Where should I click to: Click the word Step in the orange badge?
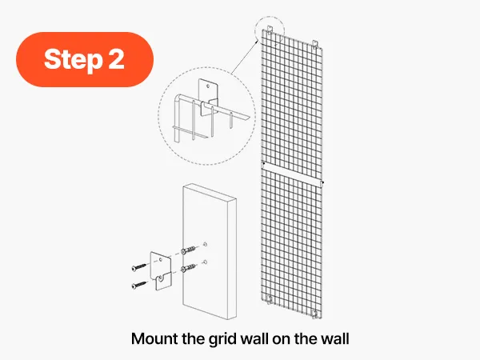[73, 60]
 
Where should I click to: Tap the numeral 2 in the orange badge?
[116, 58]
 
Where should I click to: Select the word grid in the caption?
[223, 339]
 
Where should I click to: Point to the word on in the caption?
[282, 340]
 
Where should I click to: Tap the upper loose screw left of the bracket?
[140, 266]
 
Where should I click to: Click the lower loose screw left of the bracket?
[140, 285]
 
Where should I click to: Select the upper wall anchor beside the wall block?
[188, 250]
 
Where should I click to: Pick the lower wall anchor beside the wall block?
[188, 267]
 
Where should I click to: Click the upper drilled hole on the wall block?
[206, 244]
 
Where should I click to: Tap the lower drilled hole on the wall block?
[205, 262]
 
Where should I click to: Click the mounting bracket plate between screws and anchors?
[161, 271]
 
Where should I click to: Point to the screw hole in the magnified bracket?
[208, 86]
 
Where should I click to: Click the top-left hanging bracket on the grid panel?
[270, 29]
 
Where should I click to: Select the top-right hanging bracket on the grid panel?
[315, 43]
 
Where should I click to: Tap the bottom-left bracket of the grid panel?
[270, 300]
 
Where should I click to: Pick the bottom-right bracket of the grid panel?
[314, 314]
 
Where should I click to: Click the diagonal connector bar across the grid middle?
[293, 174]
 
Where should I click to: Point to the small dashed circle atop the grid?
[270, 30]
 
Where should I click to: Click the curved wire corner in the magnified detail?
[178, 98]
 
